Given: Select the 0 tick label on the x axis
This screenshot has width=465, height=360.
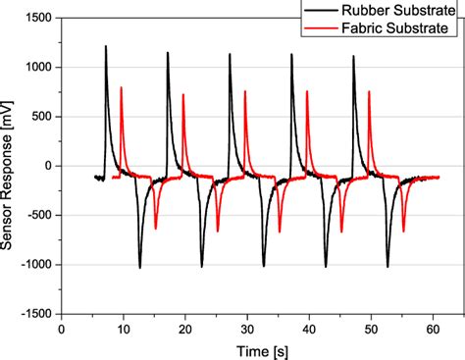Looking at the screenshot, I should [x=62, y=331].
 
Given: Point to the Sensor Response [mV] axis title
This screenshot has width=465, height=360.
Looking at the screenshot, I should [x=10, y=166].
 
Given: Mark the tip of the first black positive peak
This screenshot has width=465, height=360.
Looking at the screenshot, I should [x=106, y=46].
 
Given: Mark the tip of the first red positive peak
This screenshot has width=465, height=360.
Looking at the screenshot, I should [x=121, y=87].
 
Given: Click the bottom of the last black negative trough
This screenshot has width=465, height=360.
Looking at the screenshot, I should [x=387, y=267].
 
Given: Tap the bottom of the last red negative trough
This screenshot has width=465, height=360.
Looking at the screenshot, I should [x=403, y=231].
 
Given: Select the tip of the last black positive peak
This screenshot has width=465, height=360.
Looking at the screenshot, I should [x=353, y=56].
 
